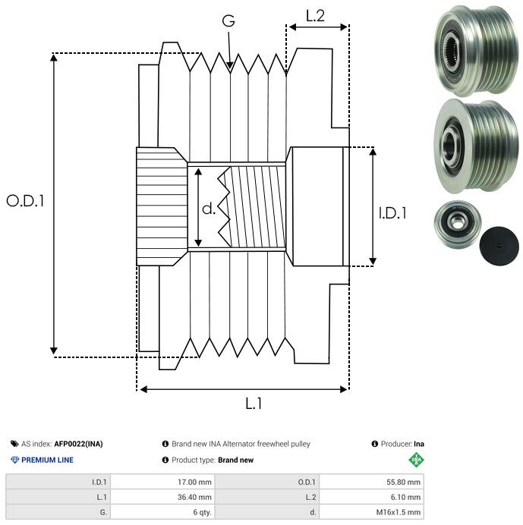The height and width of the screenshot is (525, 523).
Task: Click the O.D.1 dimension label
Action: [x=26, y=201]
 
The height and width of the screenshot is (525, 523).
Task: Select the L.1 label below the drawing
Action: [x=254, y=404]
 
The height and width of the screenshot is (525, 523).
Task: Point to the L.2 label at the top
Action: [x=315, y=14]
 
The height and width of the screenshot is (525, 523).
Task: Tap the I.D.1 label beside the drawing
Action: [x=392, y=215]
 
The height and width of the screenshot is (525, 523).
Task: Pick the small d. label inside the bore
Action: [x=209, y=209]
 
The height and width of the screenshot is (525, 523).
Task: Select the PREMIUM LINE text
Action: [x=48, y=460]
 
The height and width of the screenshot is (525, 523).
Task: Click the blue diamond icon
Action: [x=14, y=460]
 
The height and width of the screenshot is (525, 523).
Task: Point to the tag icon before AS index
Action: [x=14, y=444]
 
